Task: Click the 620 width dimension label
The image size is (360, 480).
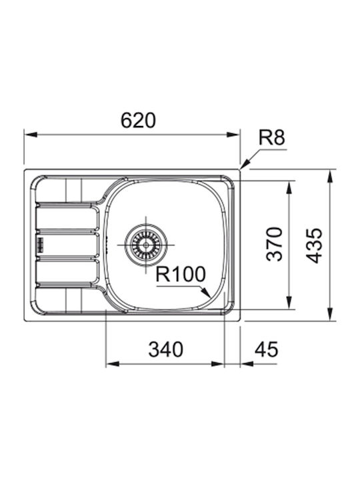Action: coord(138,120)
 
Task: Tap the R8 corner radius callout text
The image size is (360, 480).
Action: coord(271,137)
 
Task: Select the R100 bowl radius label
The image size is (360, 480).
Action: coord(180,274)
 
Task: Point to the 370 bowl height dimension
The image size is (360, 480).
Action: coord(274,244)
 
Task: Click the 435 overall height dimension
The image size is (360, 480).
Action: coord(315,246)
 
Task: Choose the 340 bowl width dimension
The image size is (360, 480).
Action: coord(165,349)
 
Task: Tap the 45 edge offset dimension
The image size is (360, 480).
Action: coord(266,349)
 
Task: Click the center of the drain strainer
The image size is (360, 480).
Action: coord(146,245)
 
